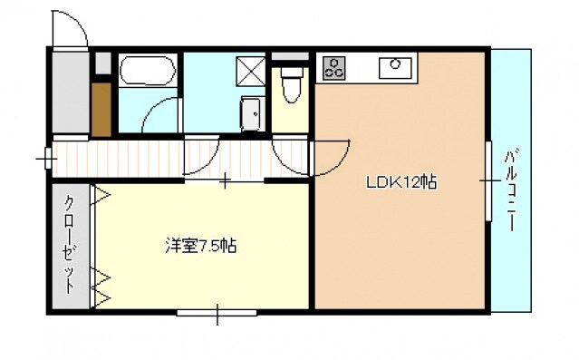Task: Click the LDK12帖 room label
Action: [401, 182]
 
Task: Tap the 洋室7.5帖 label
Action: [200, 245]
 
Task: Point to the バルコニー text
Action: [512, 186]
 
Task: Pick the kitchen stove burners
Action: [333, 66]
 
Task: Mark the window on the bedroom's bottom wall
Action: [217, 313]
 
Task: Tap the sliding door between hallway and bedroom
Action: [225, 179]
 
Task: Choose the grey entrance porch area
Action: [69, 91]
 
